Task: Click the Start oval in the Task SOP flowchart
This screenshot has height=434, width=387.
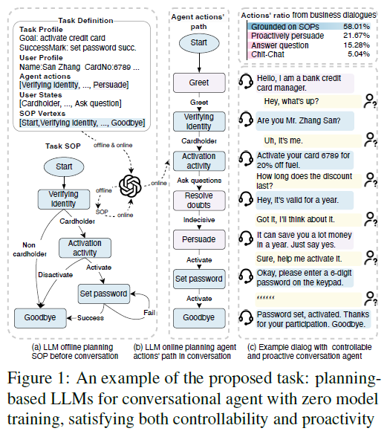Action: tap(64, 166)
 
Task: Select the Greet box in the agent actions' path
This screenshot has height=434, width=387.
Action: tap(199, 82)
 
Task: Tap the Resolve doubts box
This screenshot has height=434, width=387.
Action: tap(199, 201)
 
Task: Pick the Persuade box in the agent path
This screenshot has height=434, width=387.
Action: tap(199, 239)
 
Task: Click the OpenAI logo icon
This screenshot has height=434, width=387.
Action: tap(130, 186)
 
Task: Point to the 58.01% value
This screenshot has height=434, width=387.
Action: tap(357, 27)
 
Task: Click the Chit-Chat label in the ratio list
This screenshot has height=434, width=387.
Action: tap(267, 54)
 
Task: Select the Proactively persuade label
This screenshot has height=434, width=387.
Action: tap(287, 36)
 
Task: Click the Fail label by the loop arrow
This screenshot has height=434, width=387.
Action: tap(149, 312)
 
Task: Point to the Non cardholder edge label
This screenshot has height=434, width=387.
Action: tap(29, 250)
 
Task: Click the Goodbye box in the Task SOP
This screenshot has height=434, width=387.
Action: tap(40, 318)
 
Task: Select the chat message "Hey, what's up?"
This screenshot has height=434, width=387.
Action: tap(291, 101)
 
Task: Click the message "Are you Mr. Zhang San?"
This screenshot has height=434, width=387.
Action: tap(299, 120)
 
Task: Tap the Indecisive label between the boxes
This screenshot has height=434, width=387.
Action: tap(199, 220)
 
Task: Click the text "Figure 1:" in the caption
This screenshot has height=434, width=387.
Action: tap(38, 378)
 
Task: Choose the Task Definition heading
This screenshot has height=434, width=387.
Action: tap(85, 21)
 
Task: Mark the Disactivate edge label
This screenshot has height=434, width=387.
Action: tap(55, 275)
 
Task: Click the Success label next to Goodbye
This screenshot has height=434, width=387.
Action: tap(91, 318)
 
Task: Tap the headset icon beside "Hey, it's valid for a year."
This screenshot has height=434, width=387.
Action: tap(246, 199)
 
